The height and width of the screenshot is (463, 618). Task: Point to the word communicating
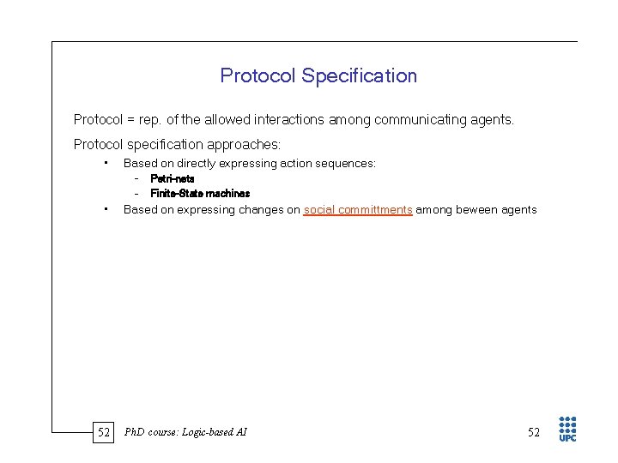pyautogui.click(x=410, y=120)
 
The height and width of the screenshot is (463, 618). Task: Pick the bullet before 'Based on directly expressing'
pyautogui.click(x=103, y=163)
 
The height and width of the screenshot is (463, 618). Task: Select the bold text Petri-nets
pyautogui.click(x=173, y=178)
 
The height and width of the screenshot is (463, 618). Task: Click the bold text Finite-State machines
pyautogui.click(x=200, y=194)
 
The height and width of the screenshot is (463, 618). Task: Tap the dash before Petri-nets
pyautogui.click(x=136, y=178)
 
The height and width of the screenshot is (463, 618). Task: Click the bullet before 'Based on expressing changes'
pyautogui.click(x=103, y=209)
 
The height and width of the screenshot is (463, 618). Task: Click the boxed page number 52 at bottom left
pyautogui.click(x=104, y=432)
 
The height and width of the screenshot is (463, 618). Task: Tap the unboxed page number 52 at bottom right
pyautogui.click(x=534, y=432)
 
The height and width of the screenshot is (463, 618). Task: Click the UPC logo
pyautogui.click(x=567, y=429)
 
